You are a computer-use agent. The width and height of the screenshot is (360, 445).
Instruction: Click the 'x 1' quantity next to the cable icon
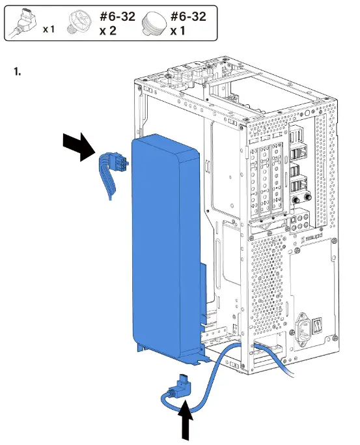pos(48,30)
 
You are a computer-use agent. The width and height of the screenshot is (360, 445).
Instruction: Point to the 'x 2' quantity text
pos(108,31)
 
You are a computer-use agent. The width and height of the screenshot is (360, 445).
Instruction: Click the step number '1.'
pos(18,71)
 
